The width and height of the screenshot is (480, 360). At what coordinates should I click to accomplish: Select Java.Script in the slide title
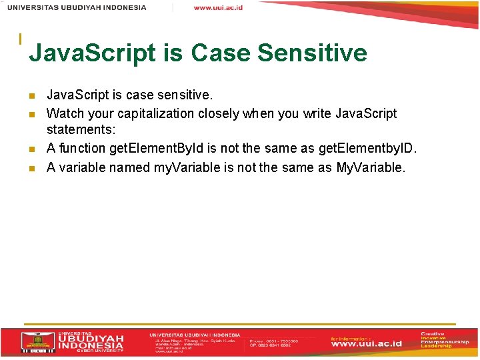93,53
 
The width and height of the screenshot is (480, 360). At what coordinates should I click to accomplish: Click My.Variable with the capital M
370,167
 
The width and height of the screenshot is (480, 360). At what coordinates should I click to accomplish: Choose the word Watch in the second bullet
65,113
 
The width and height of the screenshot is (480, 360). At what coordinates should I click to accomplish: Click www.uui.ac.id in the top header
218,7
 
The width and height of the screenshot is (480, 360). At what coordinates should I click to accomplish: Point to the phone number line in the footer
273,340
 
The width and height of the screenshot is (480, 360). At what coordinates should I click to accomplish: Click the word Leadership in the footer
436,346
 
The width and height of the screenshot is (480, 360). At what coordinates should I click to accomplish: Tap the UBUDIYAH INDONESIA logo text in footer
90,341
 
